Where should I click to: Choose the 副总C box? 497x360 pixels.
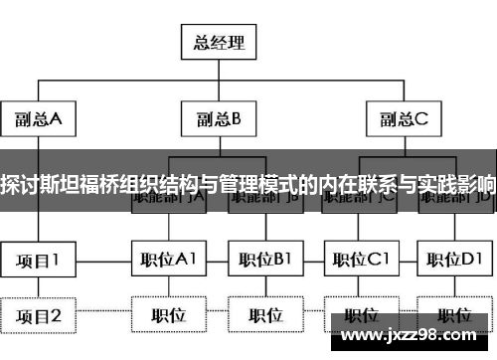pos(402,119)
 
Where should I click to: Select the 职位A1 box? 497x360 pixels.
pos(168,262)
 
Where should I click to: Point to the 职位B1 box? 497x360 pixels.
pos(265,262)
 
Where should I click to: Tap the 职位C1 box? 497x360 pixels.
pos(361,262)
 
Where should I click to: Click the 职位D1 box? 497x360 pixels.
pos(455,262)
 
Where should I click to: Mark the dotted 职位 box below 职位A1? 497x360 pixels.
pos(168,316)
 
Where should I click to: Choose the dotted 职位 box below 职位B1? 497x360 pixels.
pos(265,316)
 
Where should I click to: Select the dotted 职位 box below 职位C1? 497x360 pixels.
pos(361,316)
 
